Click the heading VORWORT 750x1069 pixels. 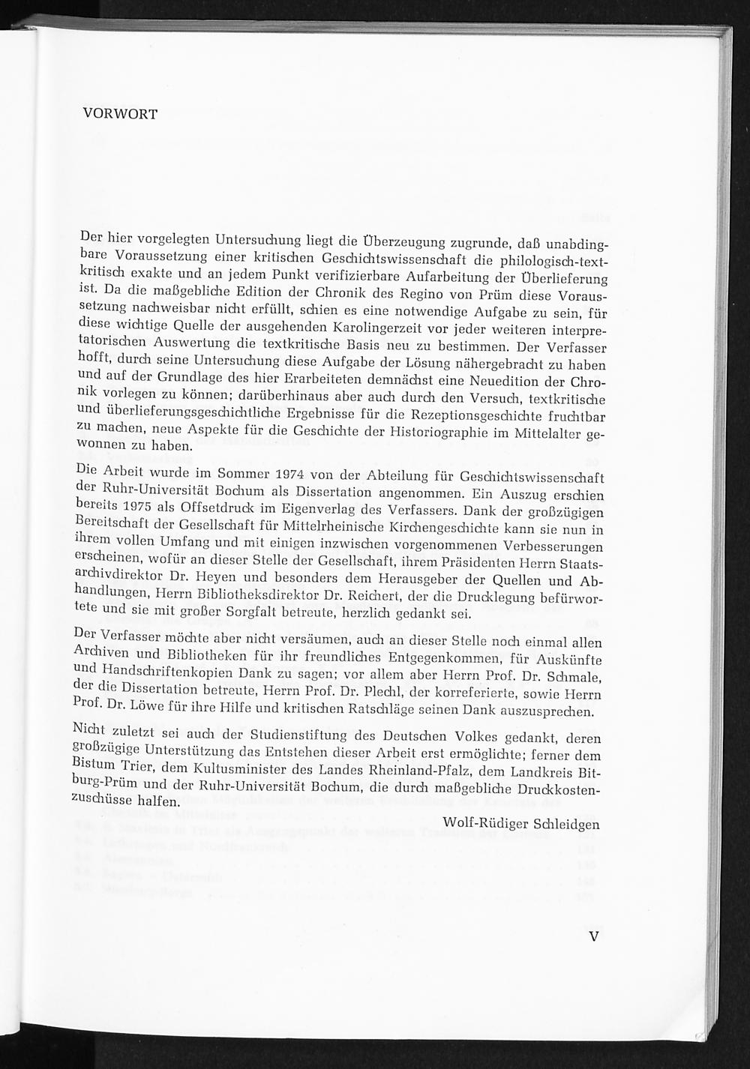click(x=120, y=114)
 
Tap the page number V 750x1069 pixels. click(x=594, y=936)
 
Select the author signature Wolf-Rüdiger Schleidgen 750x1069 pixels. click(x=520, y=824)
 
